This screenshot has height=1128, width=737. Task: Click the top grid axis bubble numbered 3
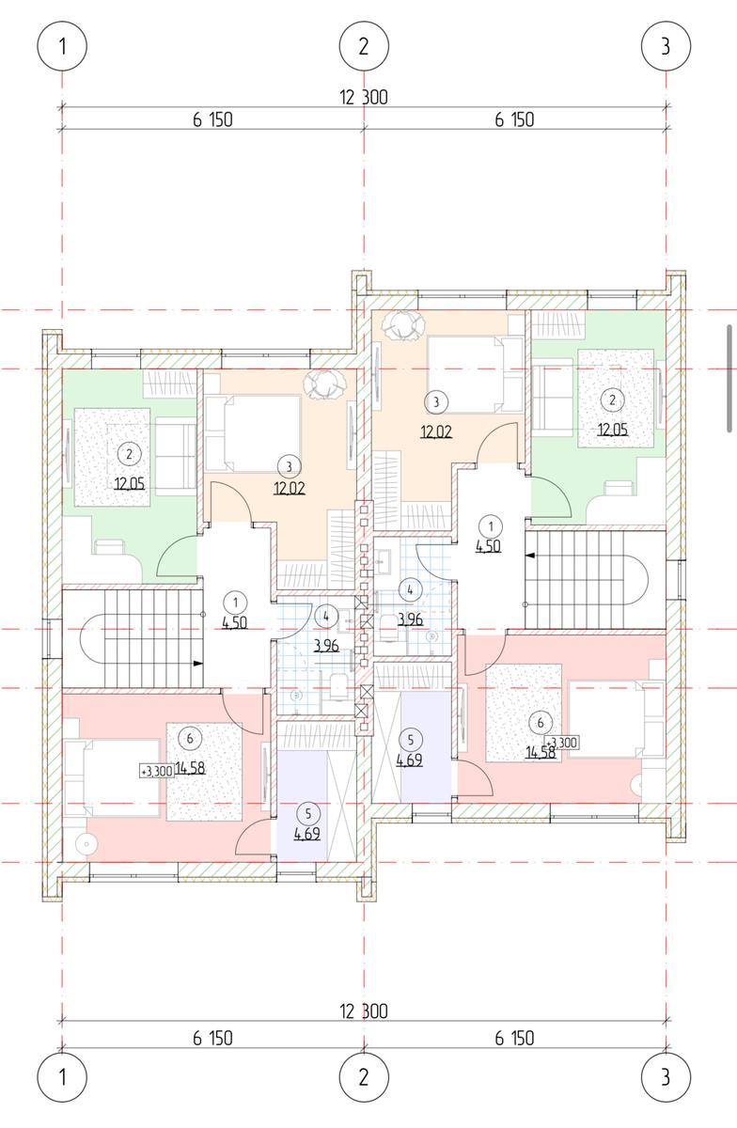tap(666, 46)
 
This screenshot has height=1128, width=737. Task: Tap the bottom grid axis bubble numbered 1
tap(62, 1077)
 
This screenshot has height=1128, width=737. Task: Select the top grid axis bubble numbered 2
tap(364, 46)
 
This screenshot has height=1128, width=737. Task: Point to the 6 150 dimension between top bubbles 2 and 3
tap(514, 120)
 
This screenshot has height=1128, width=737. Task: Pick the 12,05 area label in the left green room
tap(130, 484)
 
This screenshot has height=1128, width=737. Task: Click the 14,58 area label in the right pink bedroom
tap(541, 753)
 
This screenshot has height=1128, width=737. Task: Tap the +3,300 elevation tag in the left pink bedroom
tap(158, 771)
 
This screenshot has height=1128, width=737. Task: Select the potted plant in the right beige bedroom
tap(402, 325)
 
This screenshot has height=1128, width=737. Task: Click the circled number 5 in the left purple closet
tap(308, 814)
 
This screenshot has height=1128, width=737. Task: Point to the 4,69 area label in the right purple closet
tap(409, 760)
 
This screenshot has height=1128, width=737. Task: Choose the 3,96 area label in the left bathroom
tap(326, 645)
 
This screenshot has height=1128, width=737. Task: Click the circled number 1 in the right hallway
tap(491, 526)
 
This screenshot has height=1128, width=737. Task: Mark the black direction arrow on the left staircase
tap(198, 664)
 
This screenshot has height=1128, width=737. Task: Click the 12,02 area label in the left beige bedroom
tap(290, 489)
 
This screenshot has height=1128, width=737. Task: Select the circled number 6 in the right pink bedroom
tap(541, 723)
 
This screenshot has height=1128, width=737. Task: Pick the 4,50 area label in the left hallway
tap(235, 623)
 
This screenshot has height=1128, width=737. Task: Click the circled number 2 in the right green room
tap(613, 400)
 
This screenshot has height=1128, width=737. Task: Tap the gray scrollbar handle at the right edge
tap(729, 378)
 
